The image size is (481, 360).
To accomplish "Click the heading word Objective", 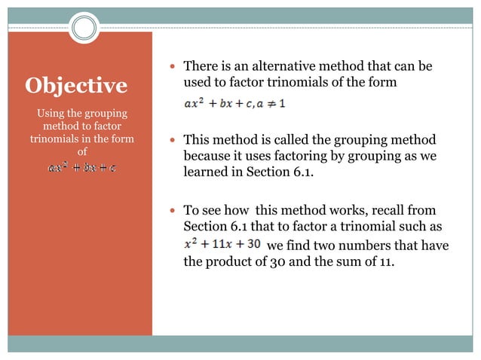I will pos(76,86).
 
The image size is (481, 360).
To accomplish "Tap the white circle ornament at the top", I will pos(84,29).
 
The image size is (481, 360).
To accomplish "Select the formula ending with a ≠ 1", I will pos(234,105).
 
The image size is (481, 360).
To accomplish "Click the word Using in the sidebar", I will pos(53,114).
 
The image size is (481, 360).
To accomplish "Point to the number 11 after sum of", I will pos(384,264).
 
